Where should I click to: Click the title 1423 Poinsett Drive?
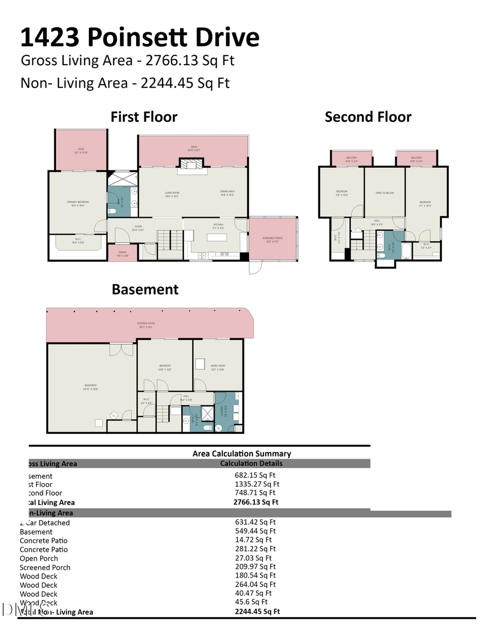[x=139, y=37]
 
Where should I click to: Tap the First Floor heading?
[x=144, y=117]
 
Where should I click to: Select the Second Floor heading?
[x=368, y=117]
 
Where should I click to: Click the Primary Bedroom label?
[x=77, y=203]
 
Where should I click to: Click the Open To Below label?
[x=384, y=193]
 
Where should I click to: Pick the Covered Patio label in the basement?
[x=145, y=324]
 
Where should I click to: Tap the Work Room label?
[x=217, y=366]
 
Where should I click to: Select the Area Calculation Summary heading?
[x=242, y=454]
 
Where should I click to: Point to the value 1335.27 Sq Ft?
[x=257, y=484]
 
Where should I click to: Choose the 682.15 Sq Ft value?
[x=255, y=476]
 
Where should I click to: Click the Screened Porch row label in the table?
[x=45, y=567]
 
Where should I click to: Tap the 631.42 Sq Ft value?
[x=255, y=522]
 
